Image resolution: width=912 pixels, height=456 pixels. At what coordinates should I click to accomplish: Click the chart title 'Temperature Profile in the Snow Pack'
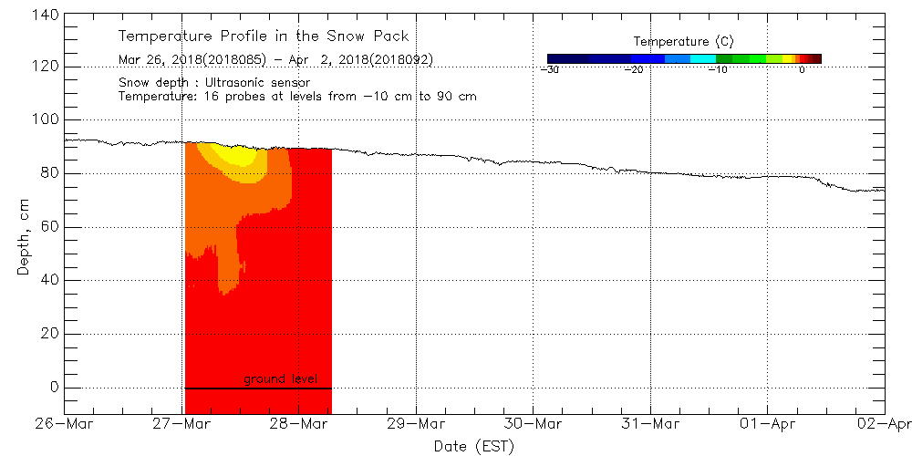[x=264, y=36]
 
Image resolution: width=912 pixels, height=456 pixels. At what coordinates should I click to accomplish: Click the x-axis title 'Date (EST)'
[x=474, y=446]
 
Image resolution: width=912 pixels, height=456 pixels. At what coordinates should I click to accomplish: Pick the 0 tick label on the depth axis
[x=53, y=388]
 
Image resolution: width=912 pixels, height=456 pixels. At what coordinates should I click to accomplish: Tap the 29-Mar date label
[x=416, y=424]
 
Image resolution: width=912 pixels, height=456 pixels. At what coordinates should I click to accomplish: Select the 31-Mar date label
[x=650, y=424]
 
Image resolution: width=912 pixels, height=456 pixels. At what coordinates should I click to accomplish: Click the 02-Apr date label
[x=884, y=424]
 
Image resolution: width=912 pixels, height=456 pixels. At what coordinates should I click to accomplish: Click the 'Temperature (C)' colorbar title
[x=683, y=42]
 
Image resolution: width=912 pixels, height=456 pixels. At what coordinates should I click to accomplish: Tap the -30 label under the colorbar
[x=549, y=69]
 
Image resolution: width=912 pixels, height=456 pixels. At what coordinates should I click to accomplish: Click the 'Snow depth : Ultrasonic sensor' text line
[x=214, y=82]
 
